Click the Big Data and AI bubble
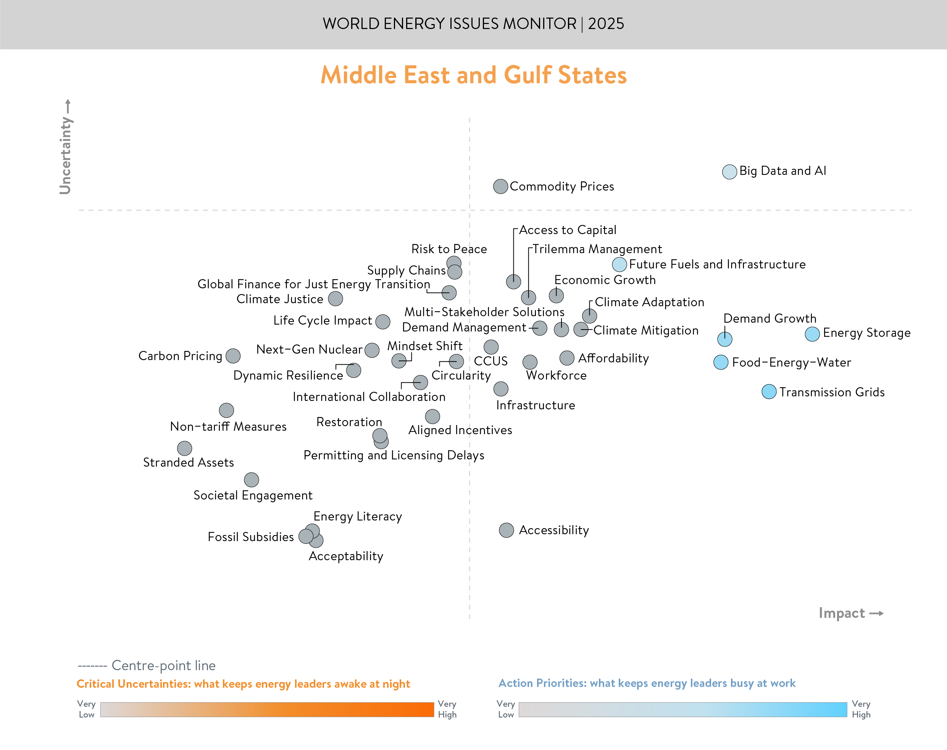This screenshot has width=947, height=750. point(729,172)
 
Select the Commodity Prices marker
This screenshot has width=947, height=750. point(500,187)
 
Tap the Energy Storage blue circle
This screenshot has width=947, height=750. point(812,334)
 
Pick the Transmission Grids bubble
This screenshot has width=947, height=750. point(769,392)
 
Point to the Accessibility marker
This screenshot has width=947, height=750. point(507,530)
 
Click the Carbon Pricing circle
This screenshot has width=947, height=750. point(233,356)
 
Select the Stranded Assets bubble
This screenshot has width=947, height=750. point(185,448)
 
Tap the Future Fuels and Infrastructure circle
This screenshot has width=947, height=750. point(619,264)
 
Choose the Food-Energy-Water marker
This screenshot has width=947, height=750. point(721,362)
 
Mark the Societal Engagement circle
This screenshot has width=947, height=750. point(252,480)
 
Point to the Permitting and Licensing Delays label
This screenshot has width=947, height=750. point(394,455)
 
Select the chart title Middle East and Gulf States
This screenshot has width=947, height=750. point(473,75)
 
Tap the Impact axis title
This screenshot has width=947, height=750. point(842,613)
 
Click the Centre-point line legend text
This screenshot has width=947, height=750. point(163,666)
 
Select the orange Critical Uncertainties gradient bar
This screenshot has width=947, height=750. point(267,710)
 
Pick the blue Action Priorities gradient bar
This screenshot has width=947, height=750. point(682,710)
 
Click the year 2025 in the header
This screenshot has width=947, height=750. point(606,24)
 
